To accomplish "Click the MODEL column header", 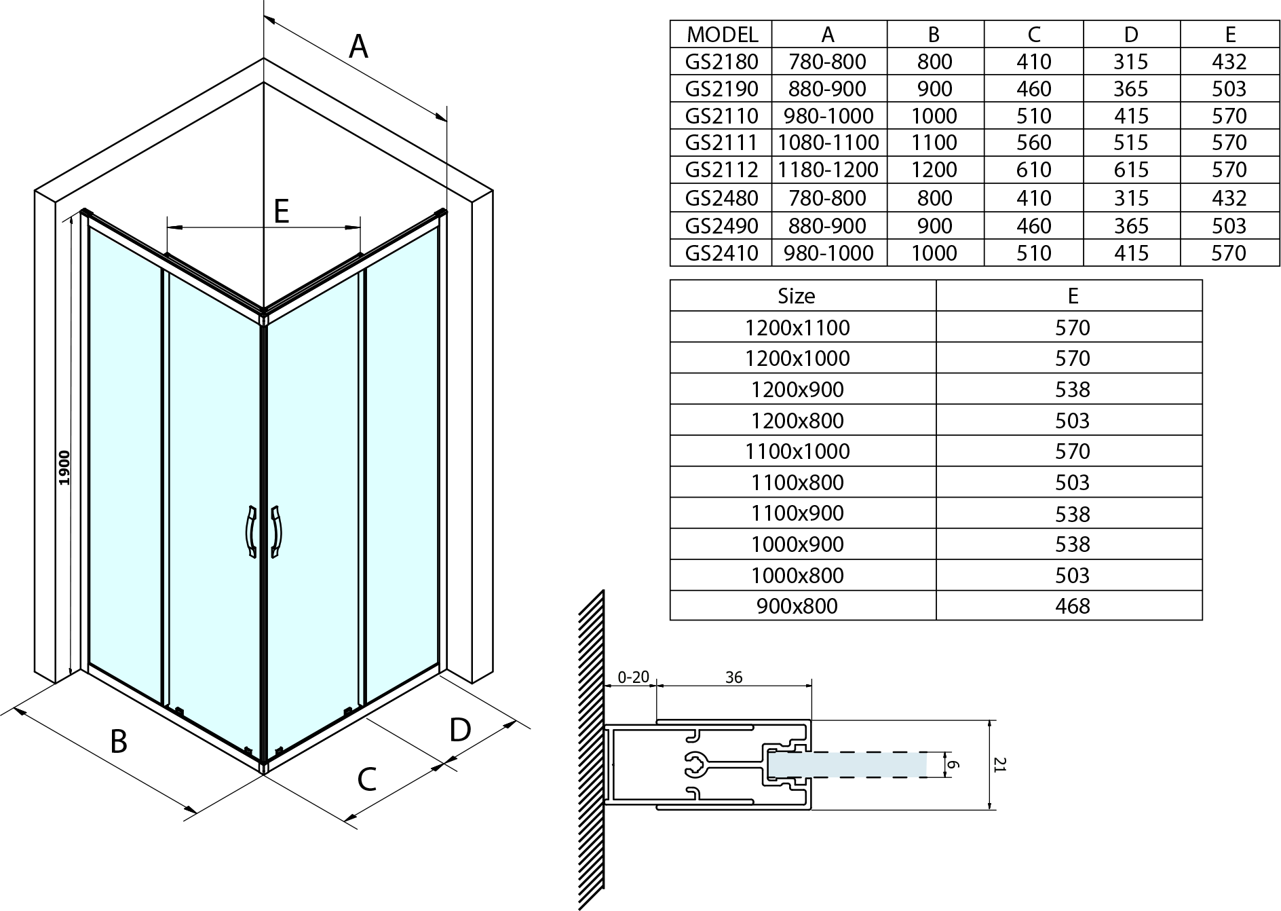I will coord(721,34).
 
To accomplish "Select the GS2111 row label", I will coord(721,143).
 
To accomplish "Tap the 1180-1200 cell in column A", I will coord(828,170).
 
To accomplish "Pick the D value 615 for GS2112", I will coord(1131,170).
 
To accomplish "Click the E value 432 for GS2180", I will coord(1229,62).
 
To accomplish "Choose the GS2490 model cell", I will coord(721,225).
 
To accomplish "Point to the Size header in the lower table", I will coord(797,296).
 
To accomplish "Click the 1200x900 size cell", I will coord(797,390).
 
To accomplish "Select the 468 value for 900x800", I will coord(1072,606).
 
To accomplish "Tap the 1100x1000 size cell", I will coord(797,451).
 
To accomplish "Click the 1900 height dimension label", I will coord(64,467).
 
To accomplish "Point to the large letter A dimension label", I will coord(358,47).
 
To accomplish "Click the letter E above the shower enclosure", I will coord(282,211).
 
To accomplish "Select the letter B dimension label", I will coord(119,741).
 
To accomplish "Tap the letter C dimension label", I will coord(366,779).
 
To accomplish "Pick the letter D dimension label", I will coord(460,730).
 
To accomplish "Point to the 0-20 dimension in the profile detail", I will coord(633,677).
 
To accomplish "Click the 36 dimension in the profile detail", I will coord(733,677).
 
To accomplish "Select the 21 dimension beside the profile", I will coord(999,764).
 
